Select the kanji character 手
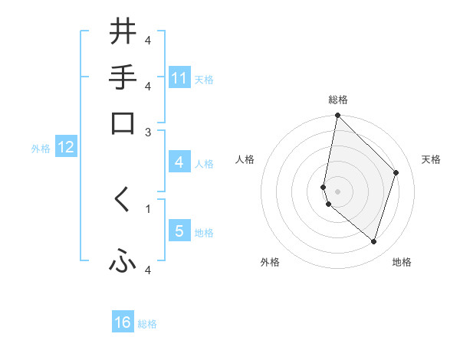pos(123,78)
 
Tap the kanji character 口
pos(123,123)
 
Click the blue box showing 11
pos(179,78)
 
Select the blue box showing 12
pos(66,147)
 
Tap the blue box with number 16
pos(123,322)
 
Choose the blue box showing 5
pos(179,231)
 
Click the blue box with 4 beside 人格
pos(179,162)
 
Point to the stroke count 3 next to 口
pos(149,132)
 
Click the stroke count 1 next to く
pos(149,208)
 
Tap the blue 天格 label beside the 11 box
pos(204,79)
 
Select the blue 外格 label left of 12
pos(41,149)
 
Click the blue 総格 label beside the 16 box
pos(147,324)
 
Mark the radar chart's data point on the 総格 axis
pos(337,116)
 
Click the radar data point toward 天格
pos(396,172)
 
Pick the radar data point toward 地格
pos(373,241)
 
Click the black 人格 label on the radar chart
pos(245,159)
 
